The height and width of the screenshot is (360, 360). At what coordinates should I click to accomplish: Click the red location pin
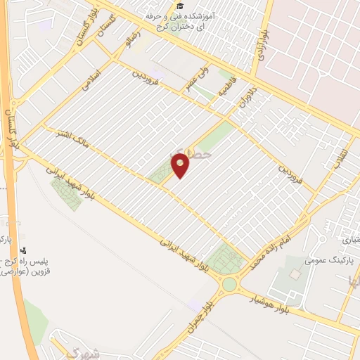click(181, 166)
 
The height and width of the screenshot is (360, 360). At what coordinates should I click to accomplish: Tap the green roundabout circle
click(230, 285)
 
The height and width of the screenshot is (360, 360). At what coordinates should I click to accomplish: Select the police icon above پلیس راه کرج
click(23, 250)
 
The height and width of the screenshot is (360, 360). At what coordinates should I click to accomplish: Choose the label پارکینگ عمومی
click(328, 260)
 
